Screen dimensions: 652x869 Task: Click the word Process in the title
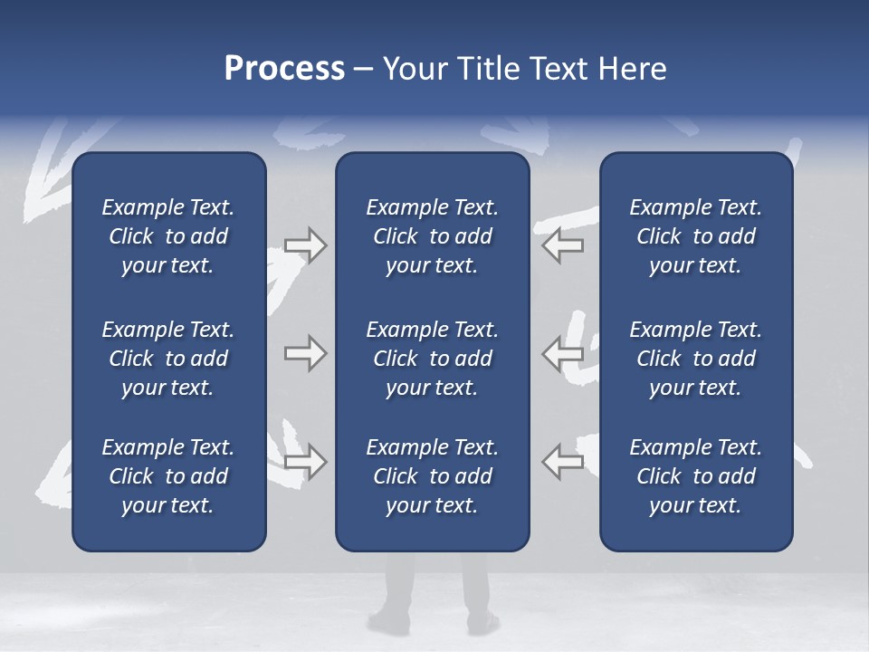click(x=284, y=69)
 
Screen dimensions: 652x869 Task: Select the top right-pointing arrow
click(x=305, y=245)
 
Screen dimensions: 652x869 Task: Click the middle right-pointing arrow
click(x=305, y=353)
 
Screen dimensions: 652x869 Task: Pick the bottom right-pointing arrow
click(x=305, y=462)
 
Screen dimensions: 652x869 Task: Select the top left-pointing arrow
click(x=563, y=245)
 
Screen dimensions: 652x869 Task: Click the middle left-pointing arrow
click(x=563, y=353)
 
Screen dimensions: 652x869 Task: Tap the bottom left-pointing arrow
click(x=563, y=462)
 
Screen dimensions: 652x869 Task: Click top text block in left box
click(x=168, y=236)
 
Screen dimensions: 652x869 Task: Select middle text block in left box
click(x=168, y=359)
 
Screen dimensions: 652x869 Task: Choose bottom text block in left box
click(x=168, y=476)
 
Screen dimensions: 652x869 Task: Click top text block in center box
click(x=432, y=236)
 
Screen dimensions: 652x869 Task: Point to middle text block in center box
click(x=432, y=359)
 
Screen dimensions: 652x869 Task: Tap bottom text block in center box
click(x=432, y=476)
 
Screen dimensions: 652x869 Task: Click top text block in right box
click(x=695, y=236)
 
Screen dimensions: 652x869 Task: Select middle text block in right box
click(x=695, y=359)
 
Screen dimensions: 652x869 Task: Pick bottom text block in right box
click(x=695, y=476)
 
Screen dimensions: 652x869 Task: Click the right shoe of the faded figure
click(x=482, y=623)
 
